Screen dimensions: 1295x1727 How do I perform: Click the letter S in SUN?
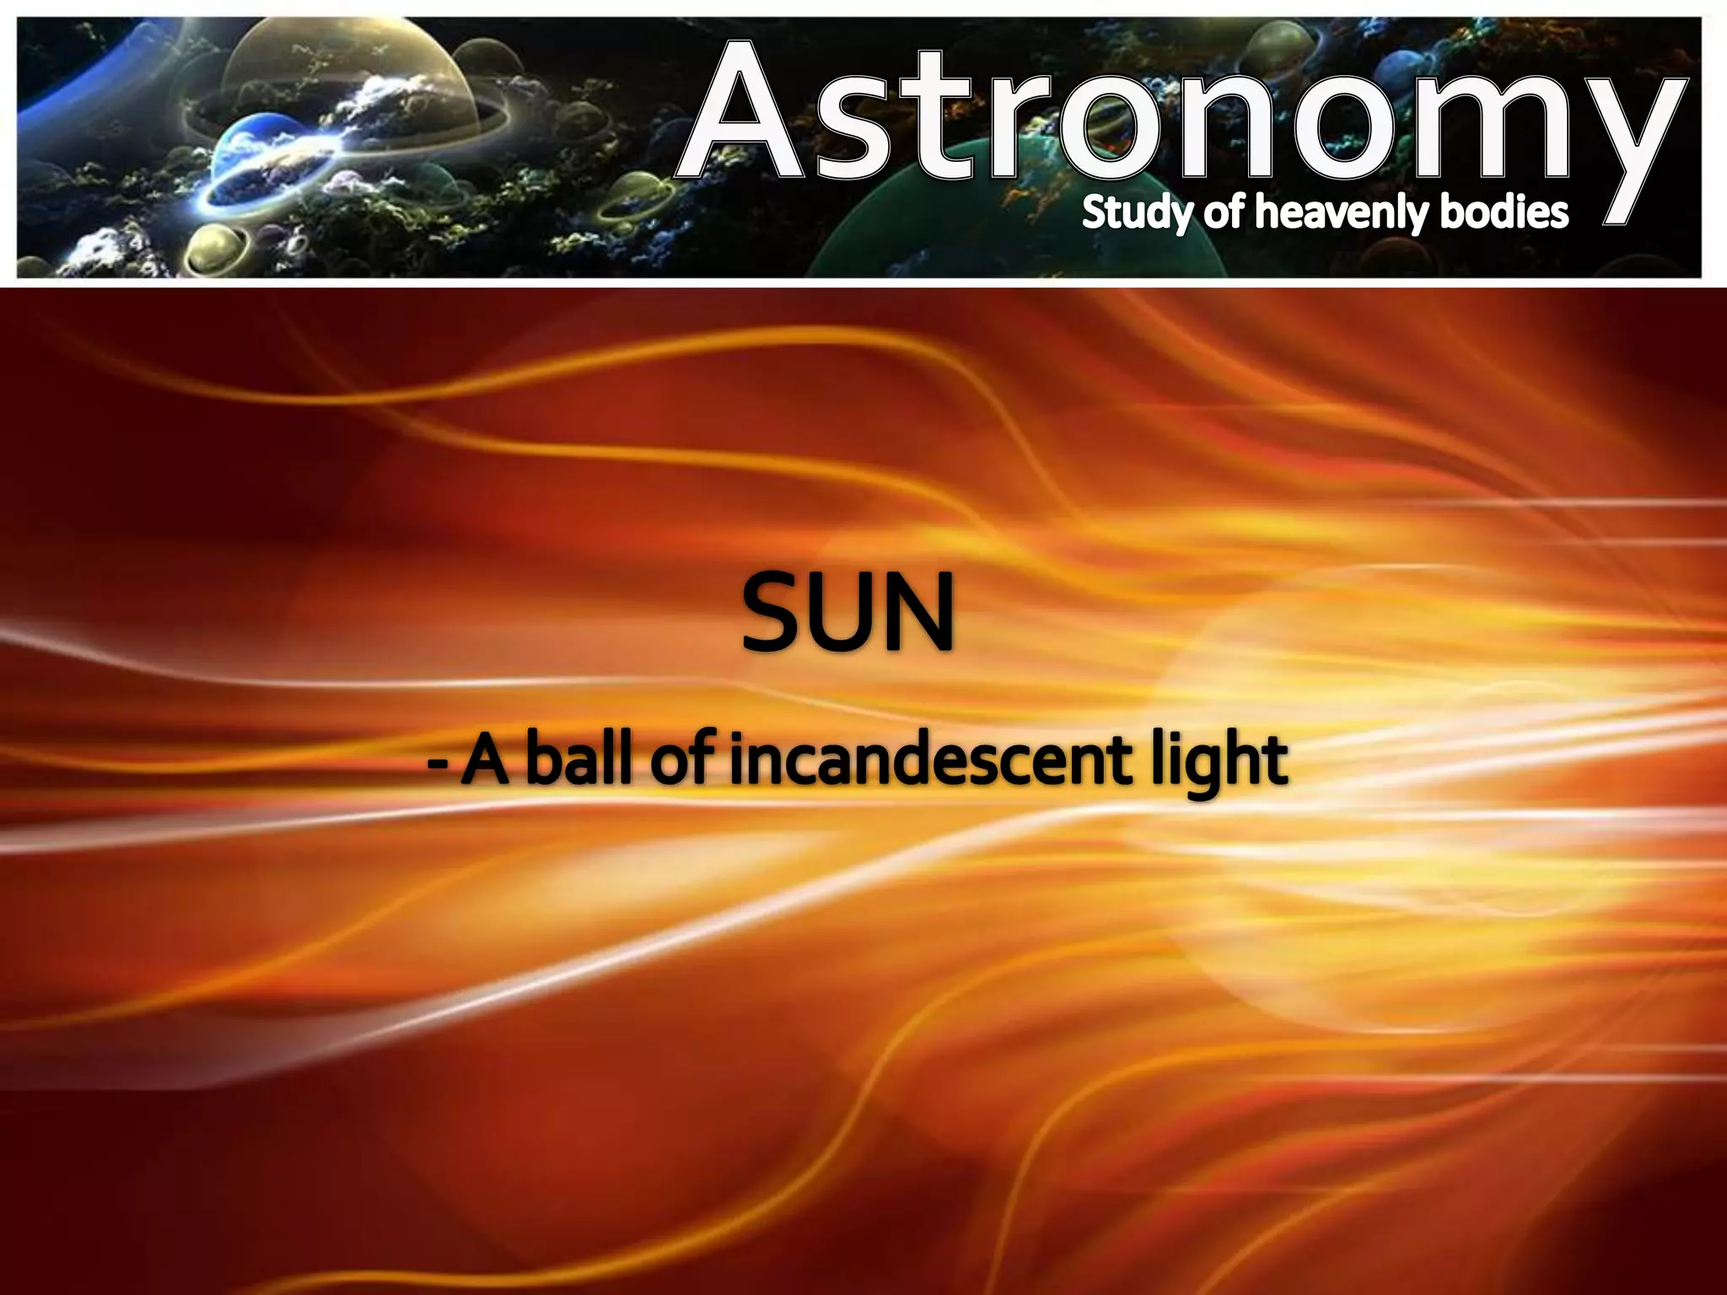coord(774,613)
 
